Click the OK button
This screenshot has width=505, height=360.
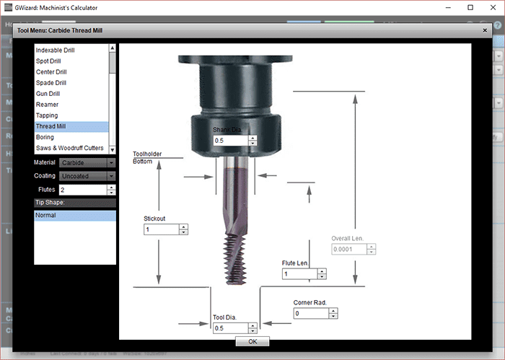click(252, 341)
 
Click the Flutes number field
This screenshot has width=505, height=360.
click(82, 190)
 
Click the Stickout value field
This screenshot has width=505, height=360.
click(162, 229)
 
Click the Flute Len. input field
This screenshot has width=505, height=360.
click(299, 274)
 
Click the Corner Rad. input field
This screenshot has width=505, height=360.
click(311, 314)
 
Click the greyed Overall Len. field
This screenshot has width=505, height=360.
click(349, 250)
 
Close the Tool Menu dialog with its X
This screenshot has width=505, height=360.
click(484, 31)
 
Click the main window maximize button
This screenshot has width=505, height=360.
click(470, 7)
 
